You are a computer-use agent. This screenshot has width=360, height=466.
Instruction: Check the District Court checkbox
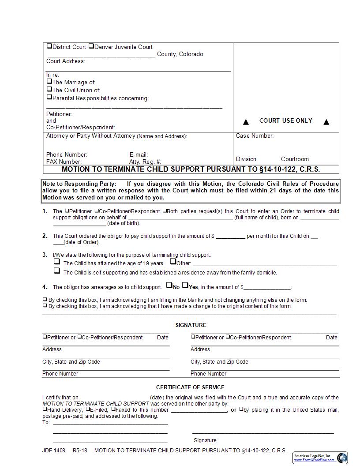(x=49, y=46)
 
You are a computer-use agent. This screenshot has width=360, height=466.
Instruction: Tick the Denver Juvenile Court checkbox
(x=91, y=46)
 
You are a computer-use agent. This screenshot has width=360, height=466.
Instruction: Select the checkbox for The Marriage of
(x=49, y=81)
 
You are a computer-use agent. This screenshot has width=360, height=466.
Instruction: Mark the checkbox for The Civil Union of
(x=49, y=89)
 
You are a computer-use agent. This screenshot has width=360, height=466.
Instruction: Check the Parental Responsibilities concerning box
(x=49, y=97)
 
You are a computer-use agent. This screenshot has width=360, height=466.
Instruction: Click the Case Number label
(x=255, y=136)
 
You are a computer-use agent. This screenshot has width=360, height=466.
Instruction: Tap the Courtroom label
(x=295, y=159)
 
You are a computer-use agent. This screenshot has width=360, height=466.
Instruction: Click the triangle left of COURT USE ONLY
(x=246, y=122)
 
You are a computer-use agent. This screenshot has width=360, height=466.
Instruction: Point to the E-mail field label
(x=139, y=155)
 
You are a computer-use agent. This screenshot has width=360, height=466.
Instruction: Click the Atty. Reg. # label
(x=145, y=162)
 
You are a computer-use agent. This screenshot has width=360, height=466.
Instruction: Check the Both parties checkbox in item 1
(x=165, y=211)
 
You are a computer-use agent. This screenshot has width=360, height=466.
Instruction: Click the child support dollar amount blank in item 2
(x=230, y=237)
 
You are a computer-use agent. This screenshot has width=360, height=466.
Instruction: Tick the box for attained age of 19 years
(x=57, y=261)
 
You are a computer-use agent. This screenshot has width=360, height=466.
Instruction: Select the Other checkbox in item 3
(x=173, y=261)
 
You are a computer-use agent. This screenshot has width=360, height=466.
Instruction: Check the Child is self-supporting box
(x=57, y=271)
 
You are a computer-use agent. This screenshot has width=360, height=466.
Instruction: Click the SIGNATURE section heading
(x=191, y=325)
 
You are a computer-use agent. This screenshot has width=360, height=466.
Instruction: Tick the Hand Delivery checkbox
(x=45, y=409)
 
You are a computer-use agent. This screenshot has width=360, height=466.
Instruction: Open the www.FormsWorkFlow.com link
(x=314, y=460)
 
